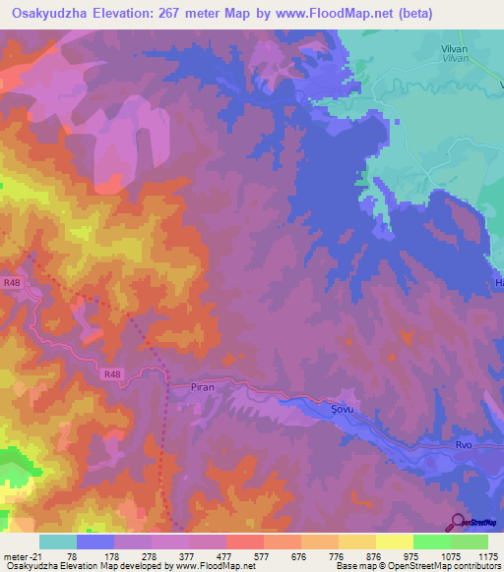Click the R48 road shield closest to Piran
coord(111,372)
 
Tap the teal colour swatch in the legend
coord(58,542)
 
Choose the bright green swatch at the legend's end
coord(470,542)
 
